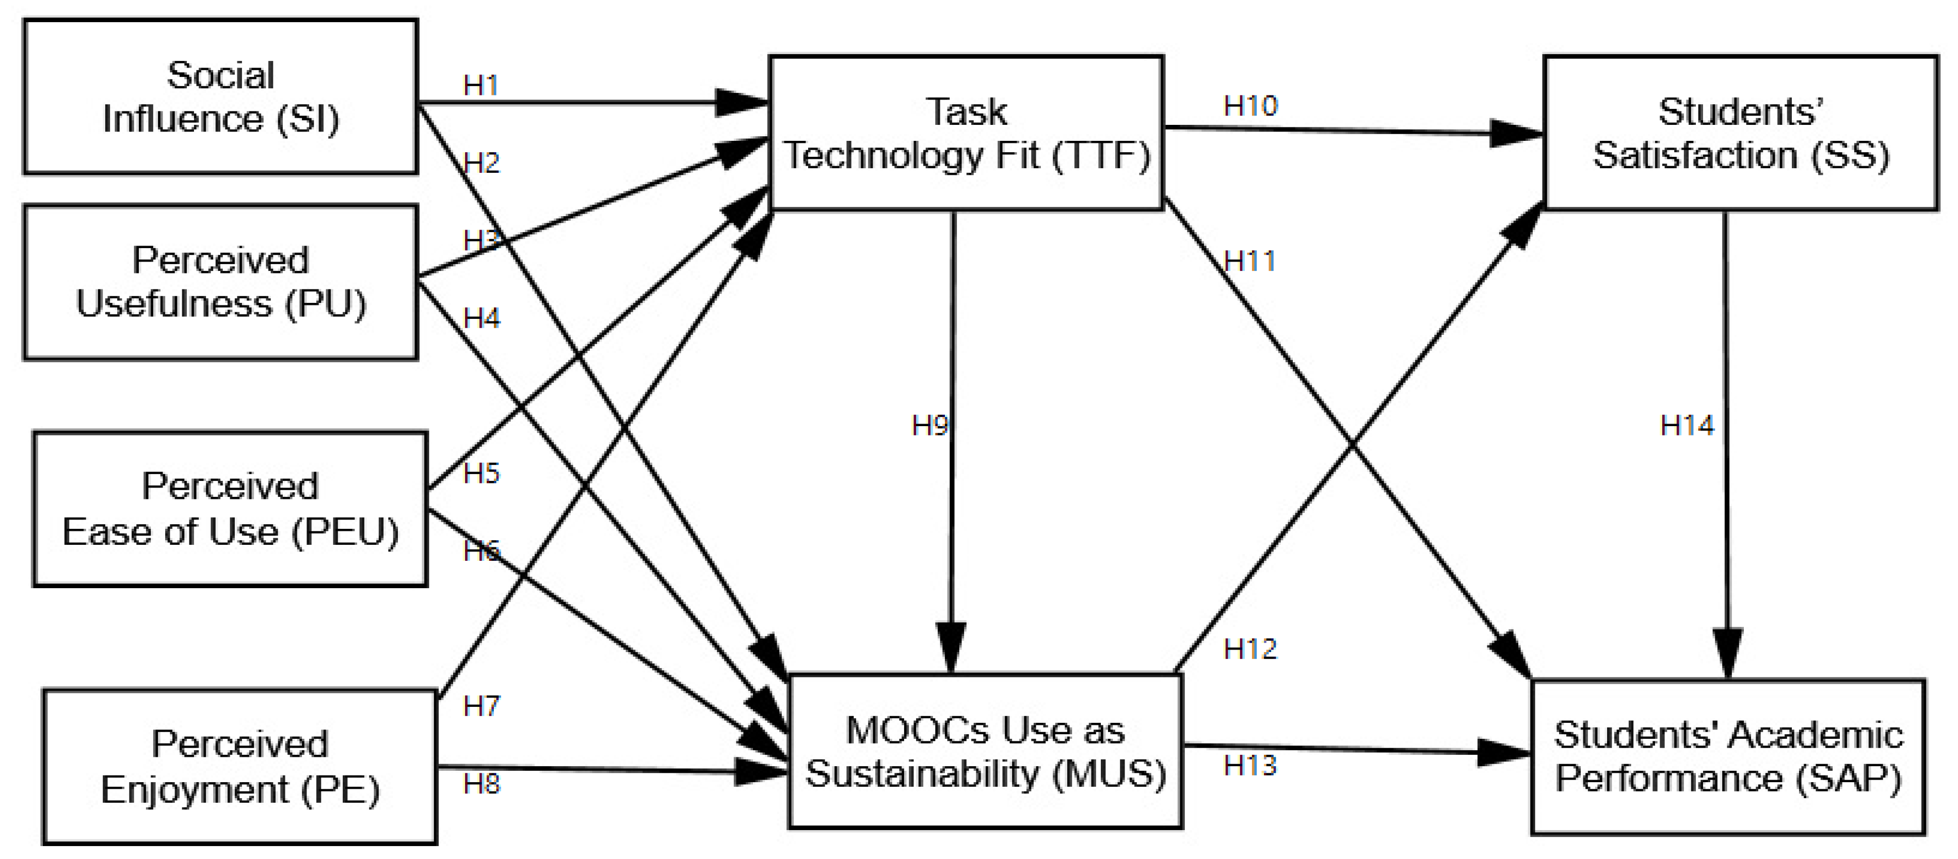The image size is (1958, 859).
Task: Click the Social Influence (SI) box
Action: pyautogui.click(x=220, y=96)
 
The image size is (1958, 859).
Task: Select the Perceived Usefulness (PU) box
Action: pyautogui.click(x=220, y=281)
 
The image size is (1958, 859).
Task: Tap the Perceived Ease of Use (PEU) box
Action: pyautogui.click(x=230, y=509)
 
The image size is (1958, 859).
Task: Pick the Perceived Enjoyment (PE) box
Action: pyautogui.click(x=239, y=766)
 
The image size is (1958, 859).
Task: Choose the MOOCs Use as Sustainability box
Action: pyautogui.click(x=986, y=751)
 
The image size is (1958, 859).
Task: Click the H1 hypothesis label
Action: pyautogui.click(x=480, y=85)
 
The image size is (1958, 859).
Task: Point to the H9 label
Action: pyautogui.click(x=929, y=425)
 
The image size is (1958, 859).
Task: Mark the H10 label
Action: pyautogui.click(x=1250, y=106)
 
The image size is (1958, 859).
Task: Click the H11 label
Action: pyautogui.click(x=1249, y=262)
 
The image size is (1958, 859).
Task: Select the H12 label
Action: pyautogui.click(x=1249, y=649)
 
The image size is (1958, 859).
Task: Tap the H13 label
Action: pyautogui.click(x=1249, y=766)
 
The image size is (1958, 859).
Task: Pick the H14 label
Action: pyautogui.click(x=1687, y=425)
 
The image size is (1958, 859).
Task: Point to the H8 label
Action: pyautogui.click(x=481, y=784)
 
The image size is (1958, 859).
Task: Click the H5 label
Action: pyautogui.click(x=481, y=473)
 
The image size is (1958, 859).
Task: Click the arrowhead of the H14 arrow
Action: pyautogui.click(x=1728, y=654)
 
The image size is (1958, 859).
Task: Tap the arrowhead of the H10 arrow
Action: pyautogui.click(x=1516, y=134)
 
